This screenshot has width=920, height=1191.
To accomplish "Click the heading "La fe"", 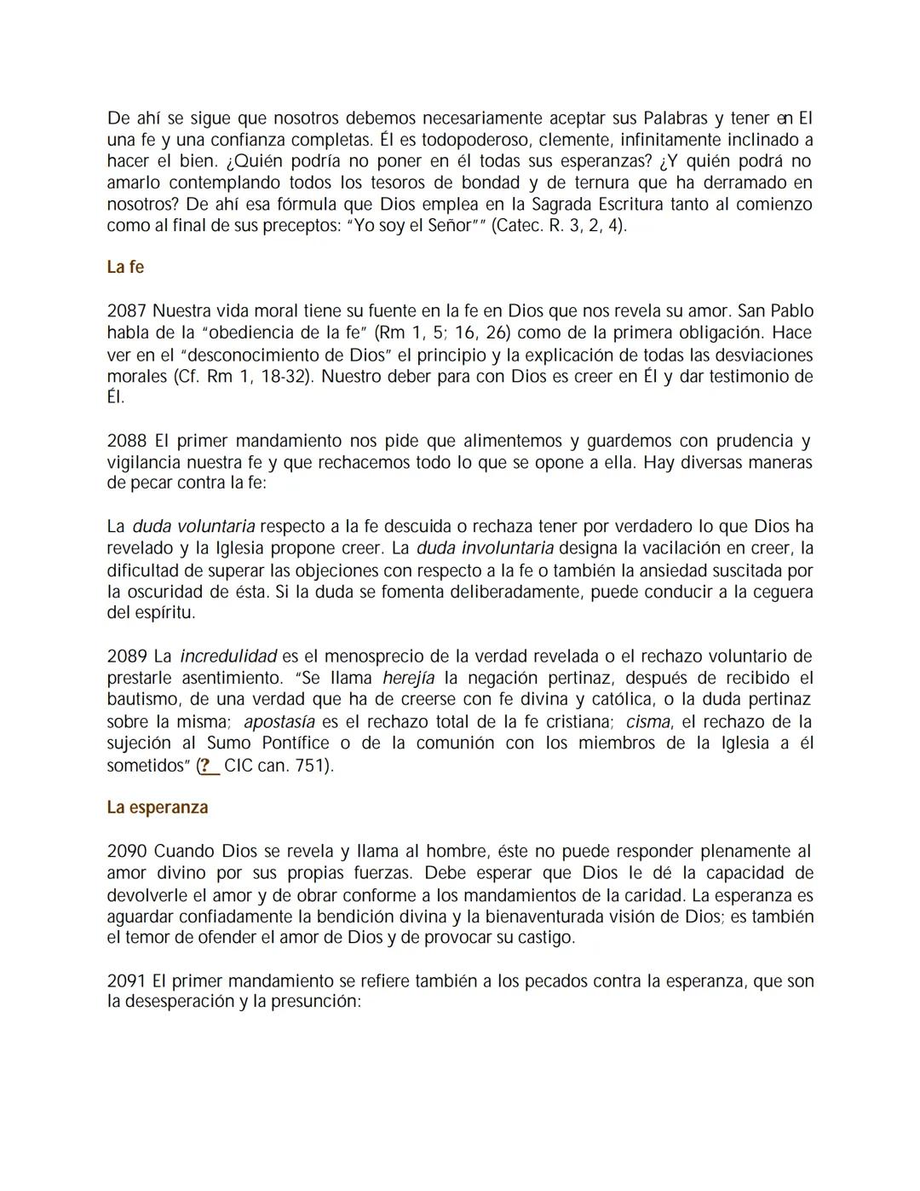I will (125, 267).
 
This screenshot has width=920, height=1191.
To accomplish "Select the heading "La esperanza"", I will (158, 807).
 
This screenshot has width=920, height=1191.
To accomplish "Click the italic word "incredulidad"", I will (228, 656).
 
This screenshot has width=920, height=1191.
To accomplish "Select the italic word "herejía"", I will (408, 679).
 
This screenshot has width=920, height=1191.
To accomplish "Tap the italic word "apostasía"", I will (279, 722).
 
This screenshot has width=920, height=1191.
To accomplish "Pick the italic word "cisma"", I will (647, 722).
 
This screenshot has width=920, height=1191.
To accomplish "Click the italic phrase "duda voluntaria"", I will (193, 527).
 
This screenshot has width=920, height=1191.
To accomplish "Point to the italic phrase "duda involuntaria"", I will (485, 548).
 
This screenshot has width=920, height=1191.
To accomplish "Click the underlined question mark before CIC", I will (205, 766).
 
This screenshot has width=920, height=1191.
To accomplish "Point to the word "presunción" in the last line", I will (315, 1002).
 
